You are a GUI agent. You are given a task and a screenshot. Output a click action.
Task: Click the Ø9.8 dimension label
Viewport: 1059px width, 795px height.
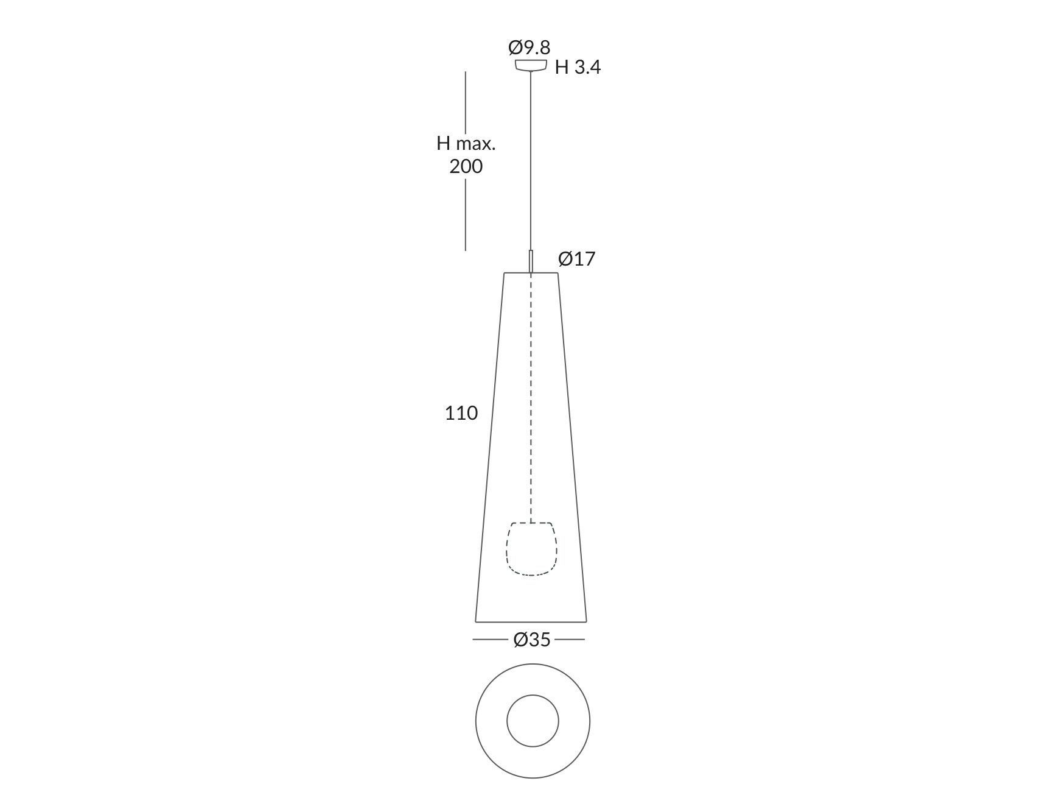click(x=529, y=48)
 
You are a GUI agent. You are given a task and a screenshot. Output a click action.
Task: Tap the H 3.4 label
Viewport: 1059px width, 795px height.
click(x=577, y=68)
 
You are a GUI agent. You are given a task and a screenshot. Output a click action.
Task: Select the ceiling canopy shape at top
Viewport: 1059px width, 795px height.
click(x=531, y=65)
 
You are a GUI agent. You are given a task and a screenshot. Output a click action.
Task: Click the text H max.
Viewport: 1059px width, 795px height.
click(x=466, y=144)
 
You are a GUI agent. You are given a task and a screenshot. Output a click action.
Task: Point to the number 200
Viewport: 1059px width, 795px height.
click(x=466, y=166)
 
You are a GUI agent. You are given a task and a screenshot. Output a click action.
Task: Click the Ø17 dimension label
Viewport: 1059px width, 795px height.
click(x=576, y=260)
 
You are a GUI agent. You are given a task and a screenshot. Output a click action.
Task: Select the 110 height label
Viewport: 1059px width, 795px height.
click(x=461, y=414)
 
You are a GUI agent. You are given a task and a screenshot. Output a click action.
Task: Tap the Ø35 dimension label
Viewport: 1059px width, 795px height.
click(x=531, y=640)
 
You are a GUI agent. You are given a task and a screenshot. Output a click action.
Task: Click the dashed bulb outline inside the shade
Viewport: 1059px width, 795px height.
click(x=531, y=549)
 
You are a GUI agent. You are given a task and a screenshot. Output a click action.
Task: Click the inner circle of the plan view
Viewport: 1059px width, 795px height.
click(x=533, y=721)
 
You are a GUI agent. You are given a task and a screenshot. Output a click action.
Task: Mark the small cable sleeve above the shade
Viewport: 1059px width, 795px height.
click(x=531, y=261)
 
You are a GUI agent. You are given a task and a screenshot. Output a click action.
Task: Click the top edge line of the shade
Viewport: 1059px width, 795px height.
click(x=531, y=273)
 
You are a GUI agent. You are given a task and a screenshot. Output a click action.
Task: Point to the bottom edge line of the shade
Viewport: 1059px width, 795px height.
click(x=531, y=622)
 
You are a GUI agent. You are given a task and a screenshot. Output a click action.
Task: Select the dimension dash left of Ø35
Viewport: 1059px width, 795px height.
click(x=490, y=640)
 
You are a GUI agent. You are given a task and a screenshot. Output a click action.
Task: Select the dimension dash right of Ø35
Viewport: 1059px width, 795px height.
click(x=570, y=640)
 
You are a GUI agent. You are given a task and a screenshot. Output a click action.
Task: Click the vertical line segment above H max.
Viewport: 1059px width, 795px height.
click(x=466, y=101)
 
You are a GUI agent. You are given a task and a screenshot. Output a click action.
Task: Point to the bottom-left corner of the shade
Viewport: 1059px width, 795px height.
click(x=476, y=621)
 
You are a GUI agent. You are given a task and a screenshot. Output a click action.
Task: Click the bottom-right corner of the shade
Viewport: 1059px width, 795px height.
click(x=586, y=621)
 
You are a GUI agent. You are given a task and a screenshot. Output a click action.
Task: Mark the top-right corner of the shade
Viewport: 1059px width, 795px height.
click(x=557, y=274)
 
